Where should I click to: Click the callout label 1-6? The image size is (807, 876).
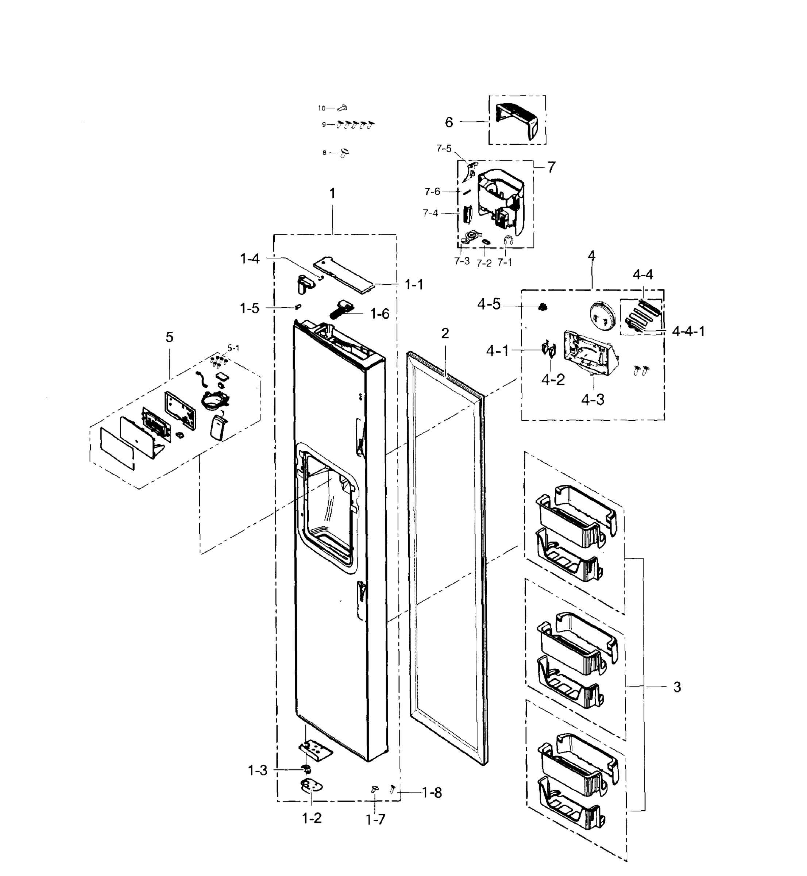click(x=379, y=314)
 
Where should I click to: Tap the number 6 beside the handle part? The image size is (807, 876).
click(x=449, y=122)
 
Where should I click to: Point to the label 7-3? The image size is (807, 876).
click(x=462, y=261)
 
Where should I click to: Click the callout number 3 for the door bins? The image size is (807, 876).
click(x=677, y=687)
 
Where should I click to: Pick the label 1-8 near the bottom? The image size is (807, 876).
click(x=432, y=793)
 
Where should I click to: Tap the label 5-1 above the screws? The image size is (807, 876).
click(x=233, y=348)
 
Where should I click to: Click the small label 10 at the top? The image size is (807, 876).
click(x=322, y=108)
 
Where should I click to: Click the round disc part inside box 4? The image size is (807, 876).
click(x=602, y=315)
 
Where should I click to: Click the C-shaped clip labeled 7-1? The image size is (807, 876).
click(x=508, y=240)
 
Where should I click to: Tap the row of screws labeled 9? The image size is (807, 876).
click(x=355, y=125)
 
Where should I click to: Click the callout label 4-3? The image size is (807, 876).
click(x=592, y=399)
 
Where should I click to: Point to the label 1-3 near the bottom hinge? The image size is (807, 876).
click(x=258, y=770)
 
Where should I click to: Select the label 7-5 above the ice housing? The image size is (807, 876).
click(x=444, y=149)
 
